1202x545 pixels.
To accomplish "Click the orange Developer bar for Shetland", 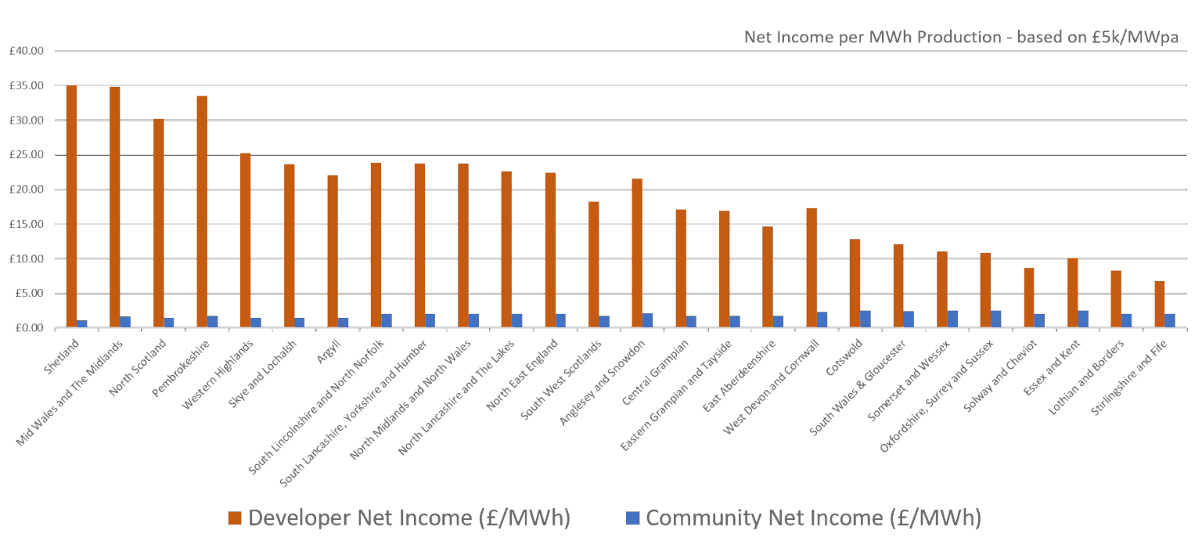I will [71, 207].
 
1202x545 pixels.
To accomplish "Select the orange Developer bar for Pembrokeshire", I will [202, 211].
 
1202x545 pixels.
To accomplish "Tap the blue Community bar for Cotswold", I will [866, 319].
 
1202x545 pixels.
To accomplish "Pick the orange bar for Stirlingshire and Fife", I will [1159, 305].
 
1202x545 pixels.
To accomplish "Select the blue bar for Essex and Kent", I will [1083, 319].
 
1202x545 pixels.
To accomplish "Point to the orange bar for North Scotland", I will [159, 223].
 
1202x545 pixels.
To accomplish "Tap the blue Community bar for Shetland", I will [82, 324].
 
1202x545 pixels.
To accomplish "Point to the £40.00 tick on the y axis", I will [26, 51].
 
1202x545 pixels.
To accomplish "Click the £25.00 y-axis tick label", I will [26, 155].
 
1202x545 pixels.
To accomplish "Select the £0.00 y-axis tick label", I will [28, 328].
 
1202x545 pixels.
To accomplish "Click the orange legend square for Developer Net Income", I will [235, 518].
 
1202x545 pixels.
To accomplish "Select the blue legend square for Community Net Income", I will [633, 518].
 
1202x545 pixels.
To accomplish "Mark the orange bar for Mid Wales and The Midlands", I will [115, 208].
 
